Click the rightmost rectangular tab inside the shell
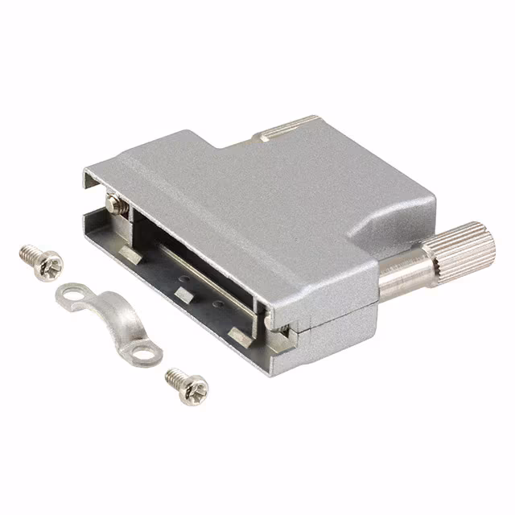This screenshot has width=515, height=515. [x=240, y=332]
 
